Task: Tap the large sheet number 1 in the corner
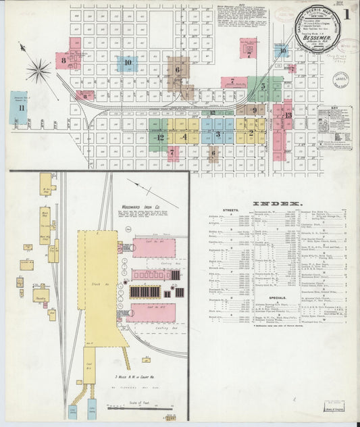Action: (345, 13)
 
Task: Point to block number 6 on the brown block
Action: (178, 70)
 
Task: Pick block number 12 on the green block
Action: (160, 137)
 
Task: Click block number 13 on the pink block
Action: (288, 116)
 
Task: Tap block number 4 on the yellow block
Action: (185, 136)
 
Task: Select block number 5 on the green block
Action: (263, 86)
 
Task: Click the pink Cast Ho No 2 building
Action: (153, 313)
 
